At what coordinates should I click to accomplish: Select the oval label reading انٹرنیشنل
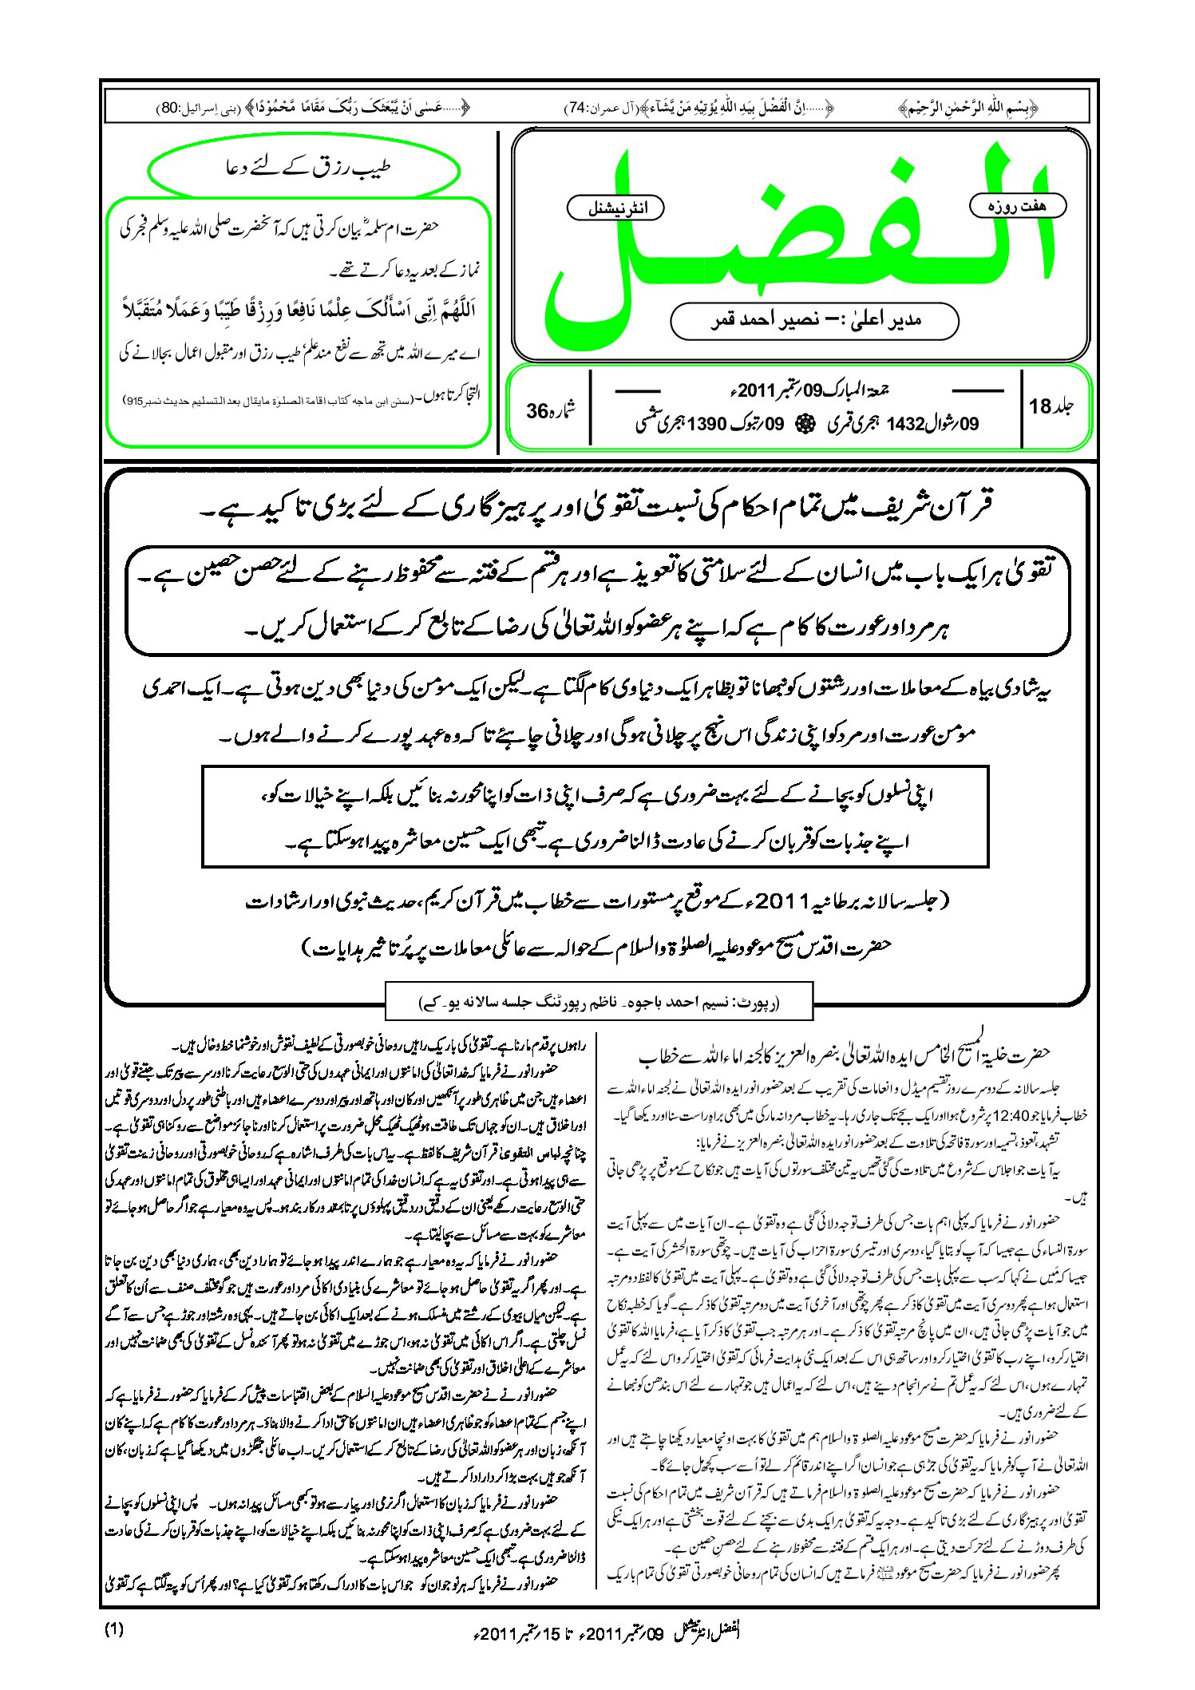(x=615, y=208)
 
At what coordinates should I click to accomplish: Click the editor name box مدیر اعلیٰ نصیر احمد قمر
(x=814, y=321)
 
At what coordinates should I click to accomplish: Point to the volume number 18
(x=1040, y=406)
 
